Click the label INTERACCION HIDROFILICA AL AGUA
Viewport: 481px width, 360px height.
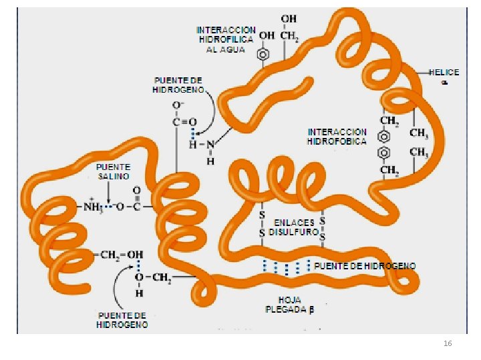226,39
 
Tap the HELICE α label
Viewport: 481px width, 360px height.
444,76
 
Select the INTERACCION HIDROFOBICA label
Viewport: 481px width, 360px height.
337,137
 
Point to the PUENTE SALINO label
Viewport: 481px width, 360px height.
113,171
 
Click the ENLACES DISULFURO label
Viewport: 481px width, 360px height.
293,227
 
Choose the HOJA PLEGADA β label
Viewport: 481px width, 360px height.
289,305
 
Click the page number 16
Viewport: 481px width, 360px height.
448,343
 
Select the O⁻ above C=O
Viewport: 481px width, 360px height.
178,105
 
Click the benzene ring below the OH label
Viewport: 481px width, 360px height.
265,54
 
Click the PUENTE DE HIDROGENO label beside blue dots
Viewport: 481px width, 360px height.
364,266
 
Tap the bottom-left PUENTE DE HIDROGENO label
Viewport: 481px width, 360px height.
122,320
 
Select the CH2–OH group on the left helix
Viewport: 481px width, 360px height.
120,254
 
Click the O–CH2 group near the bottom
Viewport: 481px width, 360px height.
152,277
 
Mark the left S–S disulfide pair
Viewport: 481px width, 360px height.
262,223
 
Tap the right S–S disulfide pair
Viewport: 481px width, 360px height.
322,227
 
